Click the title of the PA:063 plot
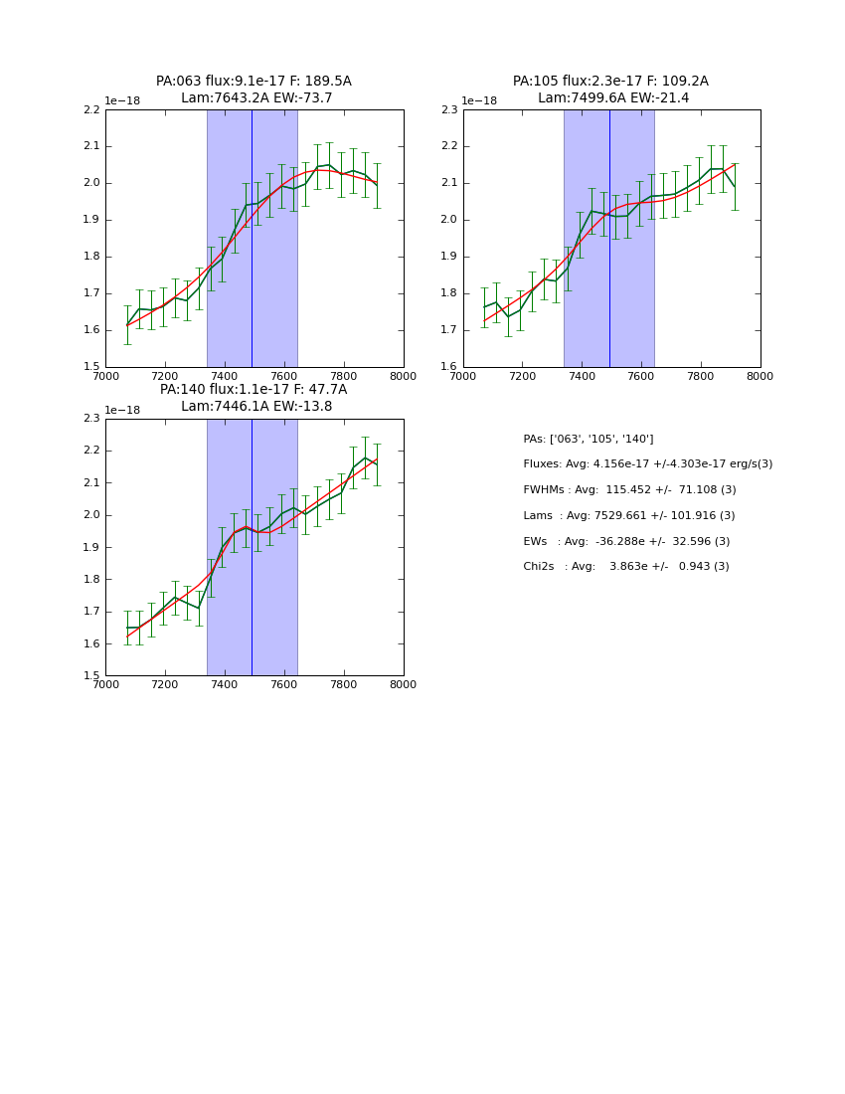[x=253, y=90]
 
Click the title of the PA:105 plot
[x=610, y=90]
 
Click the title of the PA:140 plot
[x=253, y=398]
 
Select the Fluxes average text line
[x=647, y=464]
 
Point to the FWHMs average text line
[x=629, y=490]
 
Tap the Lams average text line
[x=629, y=516]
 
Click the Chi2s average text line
[x=626, y=567]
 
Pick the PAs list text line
[x=589, y=440]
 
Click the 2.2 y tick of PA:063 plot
[x=91, y=110]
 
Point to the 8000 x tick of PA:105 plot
[x=760, y=376]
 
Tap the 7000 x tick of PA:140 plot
[x=105, y=684]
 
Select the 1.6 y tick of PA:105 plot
[x=449, y=367]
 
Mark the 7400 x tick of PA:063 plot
[x=225, y=376]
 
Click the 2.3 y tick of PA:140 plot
[x=91, y=419]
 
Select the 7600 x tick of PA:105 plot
[x=641, y=376]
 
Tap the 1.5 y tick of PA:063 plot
[x=91, y=367]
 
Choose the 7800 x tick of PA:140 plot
[x=344, y=684]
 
